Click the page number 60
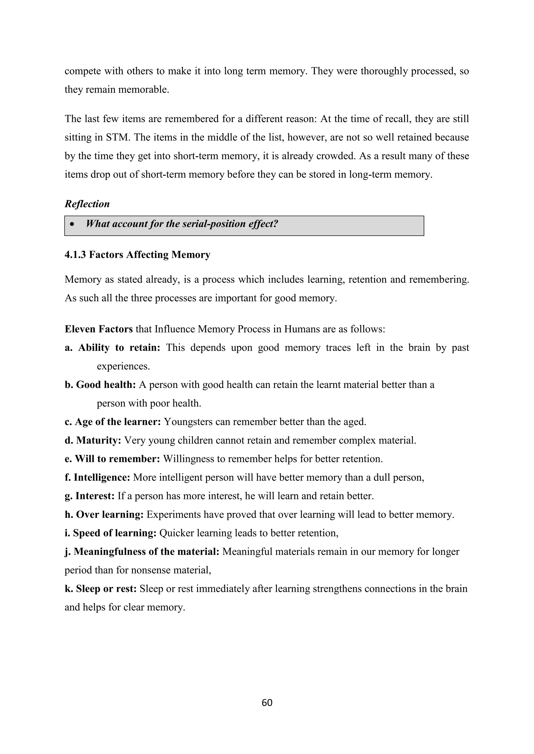coord(267,702)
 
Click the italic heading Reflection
coord(87,204)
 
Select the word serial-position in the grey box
coord(213,224)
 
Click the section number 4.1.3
coord(75,255)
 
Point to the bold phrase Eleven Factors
coord(99,329)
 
